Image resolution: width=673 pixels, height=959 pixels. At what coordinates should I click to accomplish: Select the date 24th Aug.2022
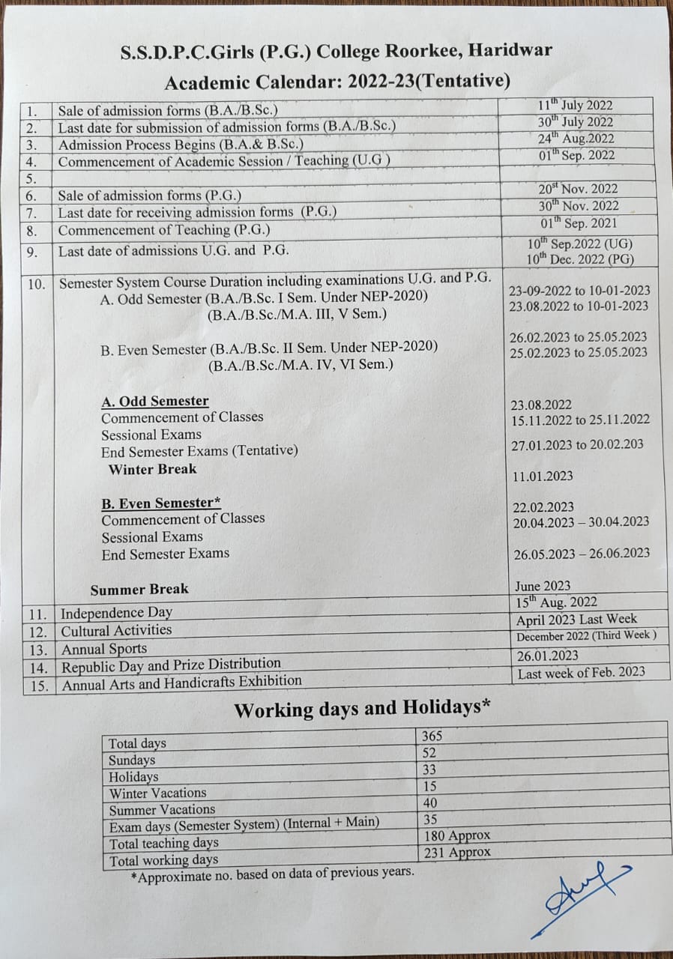576,139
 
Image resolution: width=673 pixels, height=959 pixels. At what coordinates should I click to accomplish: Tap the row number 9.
32,252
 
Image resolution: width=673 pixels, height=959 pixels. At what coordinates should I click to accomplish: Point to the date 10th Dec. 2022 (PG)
580,259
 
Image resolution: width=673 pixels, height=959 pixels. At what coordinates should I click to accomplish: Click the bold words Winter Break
152,470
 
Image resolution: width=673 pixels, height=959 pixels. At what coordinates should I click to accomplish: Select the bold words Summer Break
139,589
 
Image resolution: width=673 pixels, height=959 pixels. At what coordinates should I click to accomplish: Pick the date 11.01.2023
543,476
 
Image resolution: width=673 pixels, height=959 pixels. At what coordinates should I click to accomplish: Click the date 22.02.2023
543,507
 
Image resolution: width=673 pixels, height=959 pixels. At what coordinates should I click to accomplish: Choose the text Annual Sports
104,649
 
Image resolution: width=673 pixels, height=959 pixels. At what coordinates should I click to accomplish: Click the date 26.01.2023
547,656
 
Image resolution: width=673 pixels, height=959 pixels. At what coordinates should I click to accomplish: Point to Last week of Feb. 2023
581,672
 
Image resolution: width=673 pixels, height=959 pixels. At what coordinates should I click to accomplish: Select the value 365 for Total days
432,736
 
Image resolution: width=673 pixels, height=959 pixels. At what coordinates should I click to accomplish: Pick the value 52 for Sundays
429,753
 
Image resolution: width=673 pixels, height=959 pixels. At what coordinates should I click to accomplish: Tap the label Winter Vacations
157,793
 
